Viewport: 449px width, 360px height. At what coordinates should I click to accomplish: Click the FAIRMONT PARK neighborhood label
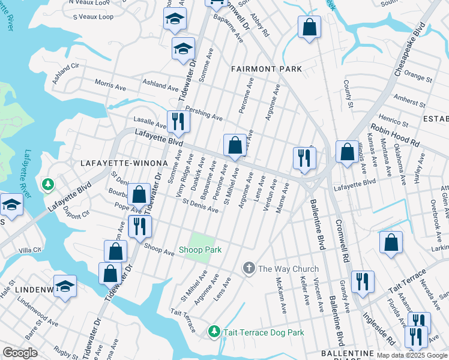point(267,69)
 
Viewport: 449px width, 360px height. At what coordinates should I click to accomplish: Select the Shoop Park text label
point(200,250)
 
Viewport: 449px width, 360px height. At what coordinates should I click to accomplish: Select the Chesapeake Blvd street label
point(410,49)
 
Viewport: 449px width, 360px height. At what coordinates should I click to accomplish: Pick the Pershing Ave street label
point(204,113)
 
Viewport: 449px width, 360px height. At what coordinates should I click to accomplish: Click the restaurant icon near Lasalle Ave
point(178,121)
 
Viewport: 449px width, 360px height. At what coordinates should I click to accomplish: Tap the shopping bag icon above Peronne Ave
point(235,145)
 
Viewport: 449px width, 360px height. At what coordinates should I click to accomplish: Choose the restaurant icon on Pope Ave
point(140,226)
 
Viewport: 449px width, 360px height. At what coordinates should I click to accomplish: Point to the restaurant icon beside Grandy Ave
point(363,281)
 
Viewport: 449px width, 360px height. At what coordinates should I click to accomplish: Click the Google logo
point(20,353)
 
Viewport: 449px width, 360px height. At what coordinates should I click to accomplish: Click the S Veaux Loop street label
point(93,17)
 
